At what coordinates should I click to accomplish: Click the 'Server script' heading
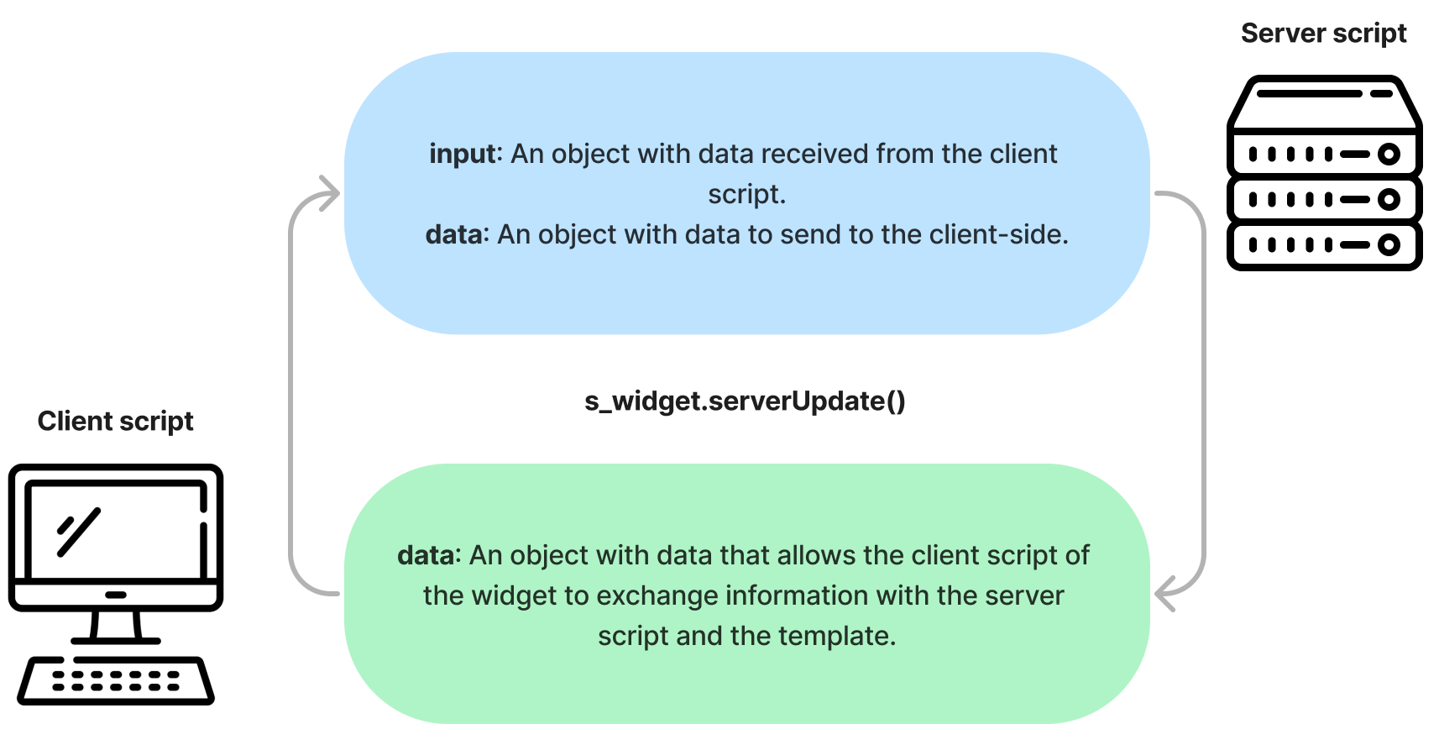point(1323,34)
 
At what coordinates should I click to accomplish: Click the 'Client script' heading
point(115,422)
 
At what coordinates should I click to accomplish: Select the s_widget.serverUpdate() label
point(745,401)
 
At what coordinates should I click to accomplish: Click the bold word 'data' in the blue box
point(453,234)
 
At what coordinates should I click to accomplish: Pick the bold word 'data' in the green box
point(426,555)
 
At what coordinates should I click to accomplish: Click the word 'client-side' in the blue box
point(996,234)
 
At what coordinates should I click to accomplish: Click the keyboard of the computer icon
point(116,680)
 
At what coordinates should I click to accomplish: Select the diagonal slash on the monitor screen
point(79,532)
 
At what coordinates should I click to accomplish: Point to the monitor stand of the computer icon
point(116,627)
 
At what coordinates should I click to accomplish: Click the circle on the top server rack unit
point(1389,155)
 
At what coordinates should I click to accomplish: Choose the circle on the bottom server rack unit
point(1389,245)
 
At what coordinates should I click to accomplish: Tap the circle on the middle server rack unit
point(1389,199)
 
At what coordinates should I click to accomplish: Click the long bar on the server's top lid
point(1309,94)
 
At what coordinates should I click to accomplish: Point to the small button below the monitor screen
point(116,595)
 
